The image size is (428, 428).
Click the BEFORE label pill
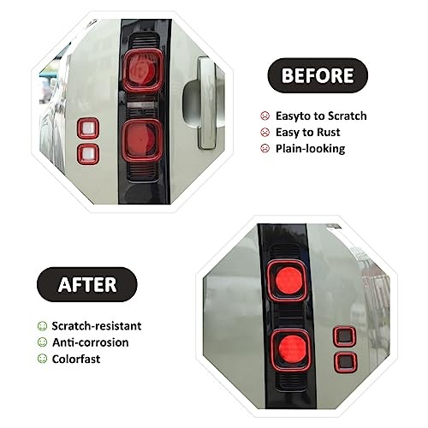click(x=318, y=75)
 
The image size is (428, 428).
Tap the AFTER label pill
click(x=87, y=284)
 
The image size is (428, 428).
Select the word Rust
click(x=329, y=133)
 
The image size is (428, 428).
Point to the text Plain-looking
click(x=310, y=149)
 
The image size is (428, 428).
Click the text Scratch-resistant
click(x=97, y=326)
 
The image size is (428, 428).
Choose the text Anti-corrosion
click(x=91, y=342)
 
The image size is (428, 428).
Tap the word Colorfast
click(x=76, y=359)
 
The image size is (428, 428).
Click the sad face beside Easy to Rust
click(x=265, y=133)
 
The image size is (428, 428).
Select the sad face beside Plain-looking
click(x=265, y=149)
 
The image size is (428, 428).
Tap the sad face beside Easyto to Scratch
click(x=265, y=116)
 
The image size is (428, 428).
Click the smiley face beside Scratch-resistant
click(x=42, y=326)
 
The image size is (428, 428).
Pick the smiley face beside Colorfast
click(x=42, y=359)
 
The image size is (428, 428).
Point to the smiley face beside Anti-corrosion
click(x=42, y=342)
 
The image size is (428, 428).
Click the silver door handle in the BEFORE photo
click(x=207, y=103)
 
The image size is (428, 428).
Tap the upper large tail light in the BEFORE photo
click(x=143, y=70)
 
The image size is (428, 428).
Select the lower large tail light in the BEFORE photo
click(x=142, y=140)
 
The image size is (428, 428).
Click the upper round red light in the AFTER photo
click(x=287, y=281)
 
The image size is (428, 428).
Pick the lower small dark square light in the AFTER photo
click(x=346, y=363)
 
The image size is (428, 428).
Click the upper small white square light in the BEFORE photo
click(x=88, y=128)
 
